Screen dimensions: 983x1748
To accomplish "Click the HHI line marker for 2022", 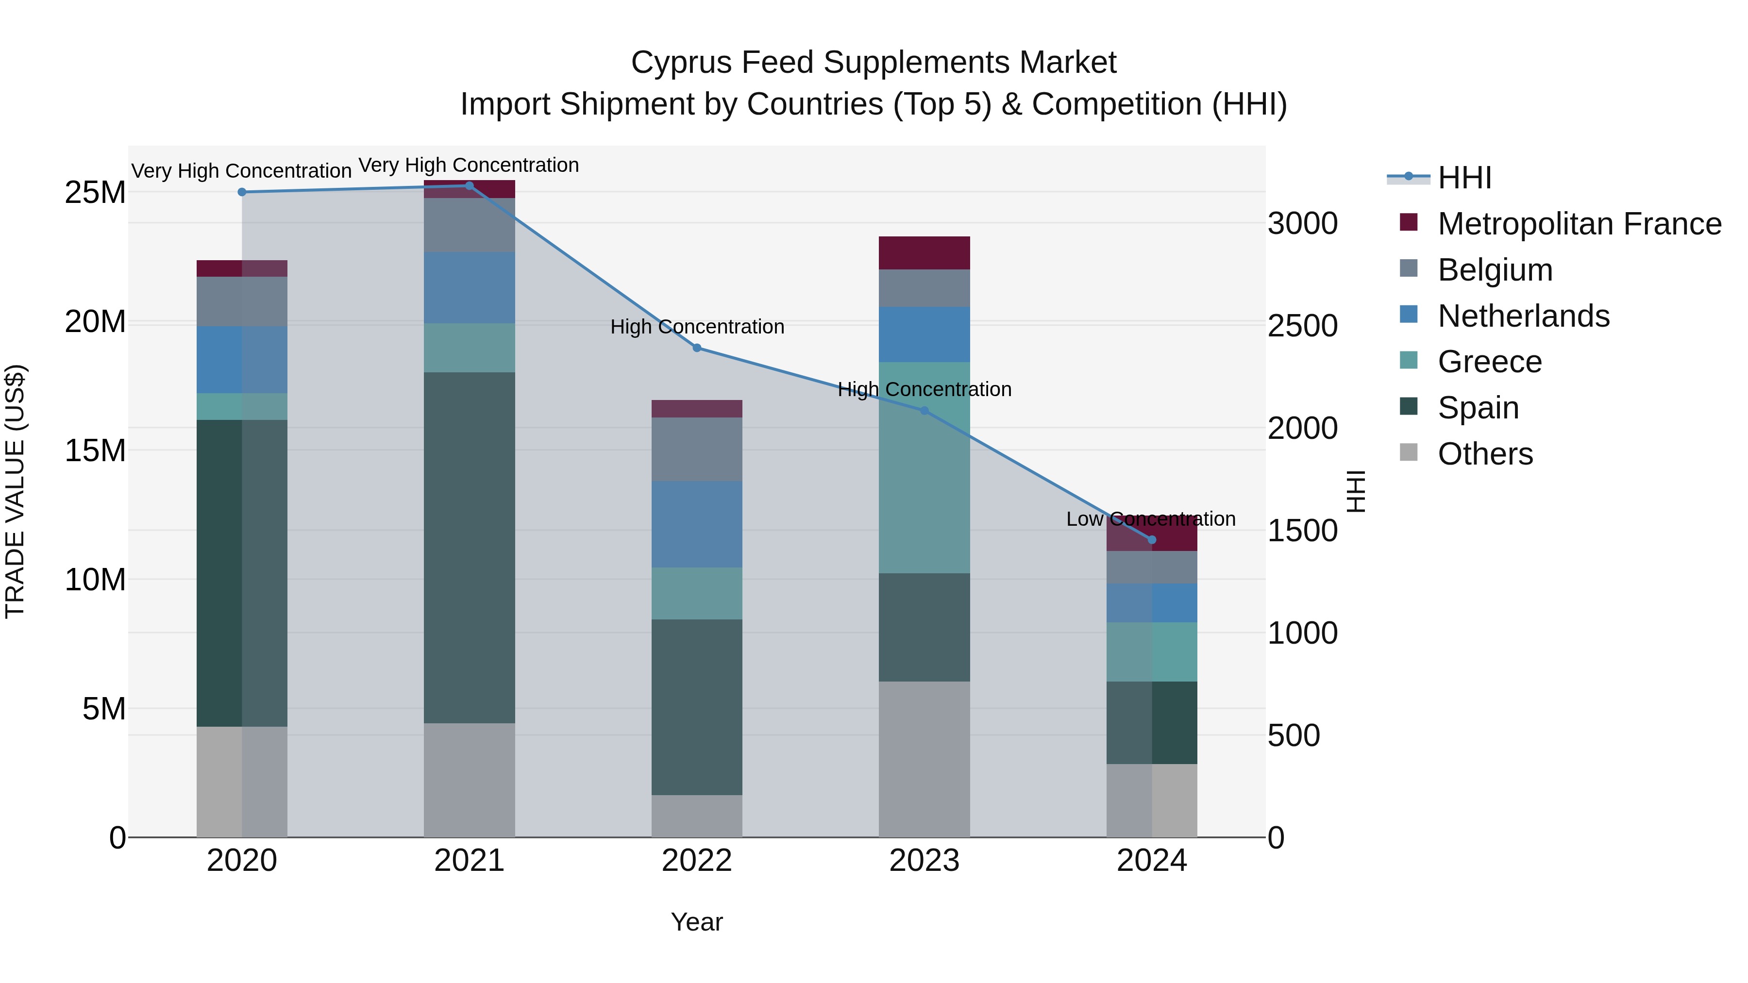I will pos(697,348).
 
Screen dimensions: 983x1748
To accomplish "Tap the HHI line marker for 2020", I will pos(242,192).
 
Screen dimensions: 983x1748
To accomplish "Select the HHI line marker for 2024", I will pos(1152,540).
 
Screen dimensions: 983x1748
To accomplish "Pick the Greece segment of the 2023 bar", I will pos(924,467).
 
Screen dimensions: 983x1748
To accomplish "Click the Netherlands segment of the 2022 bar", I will pos(697,524).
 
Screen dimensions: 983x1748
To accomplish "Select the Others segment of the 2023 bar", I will pos(924,759).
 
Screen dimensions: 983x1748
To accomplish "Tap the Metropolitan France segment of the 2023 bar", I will pos(924,253).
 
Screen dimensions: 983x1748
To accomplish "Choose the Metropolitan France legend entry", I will pos(1579,224).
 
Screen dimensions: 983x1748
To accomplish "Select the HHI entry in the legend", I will pos(1464,178).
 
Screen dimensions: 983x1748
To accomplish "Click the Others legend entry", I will pos(1485,454).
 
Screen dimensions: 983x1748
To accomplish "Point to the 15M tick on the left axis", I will pos(95,450).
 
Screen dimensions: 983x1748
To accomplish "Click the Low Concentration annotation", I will pos(1151,519).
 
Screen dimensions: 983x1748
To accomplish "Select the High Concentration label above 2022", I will pos(697,327).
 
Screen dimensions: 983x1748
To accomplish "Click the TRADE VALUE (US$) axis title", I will pos(15,491).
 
